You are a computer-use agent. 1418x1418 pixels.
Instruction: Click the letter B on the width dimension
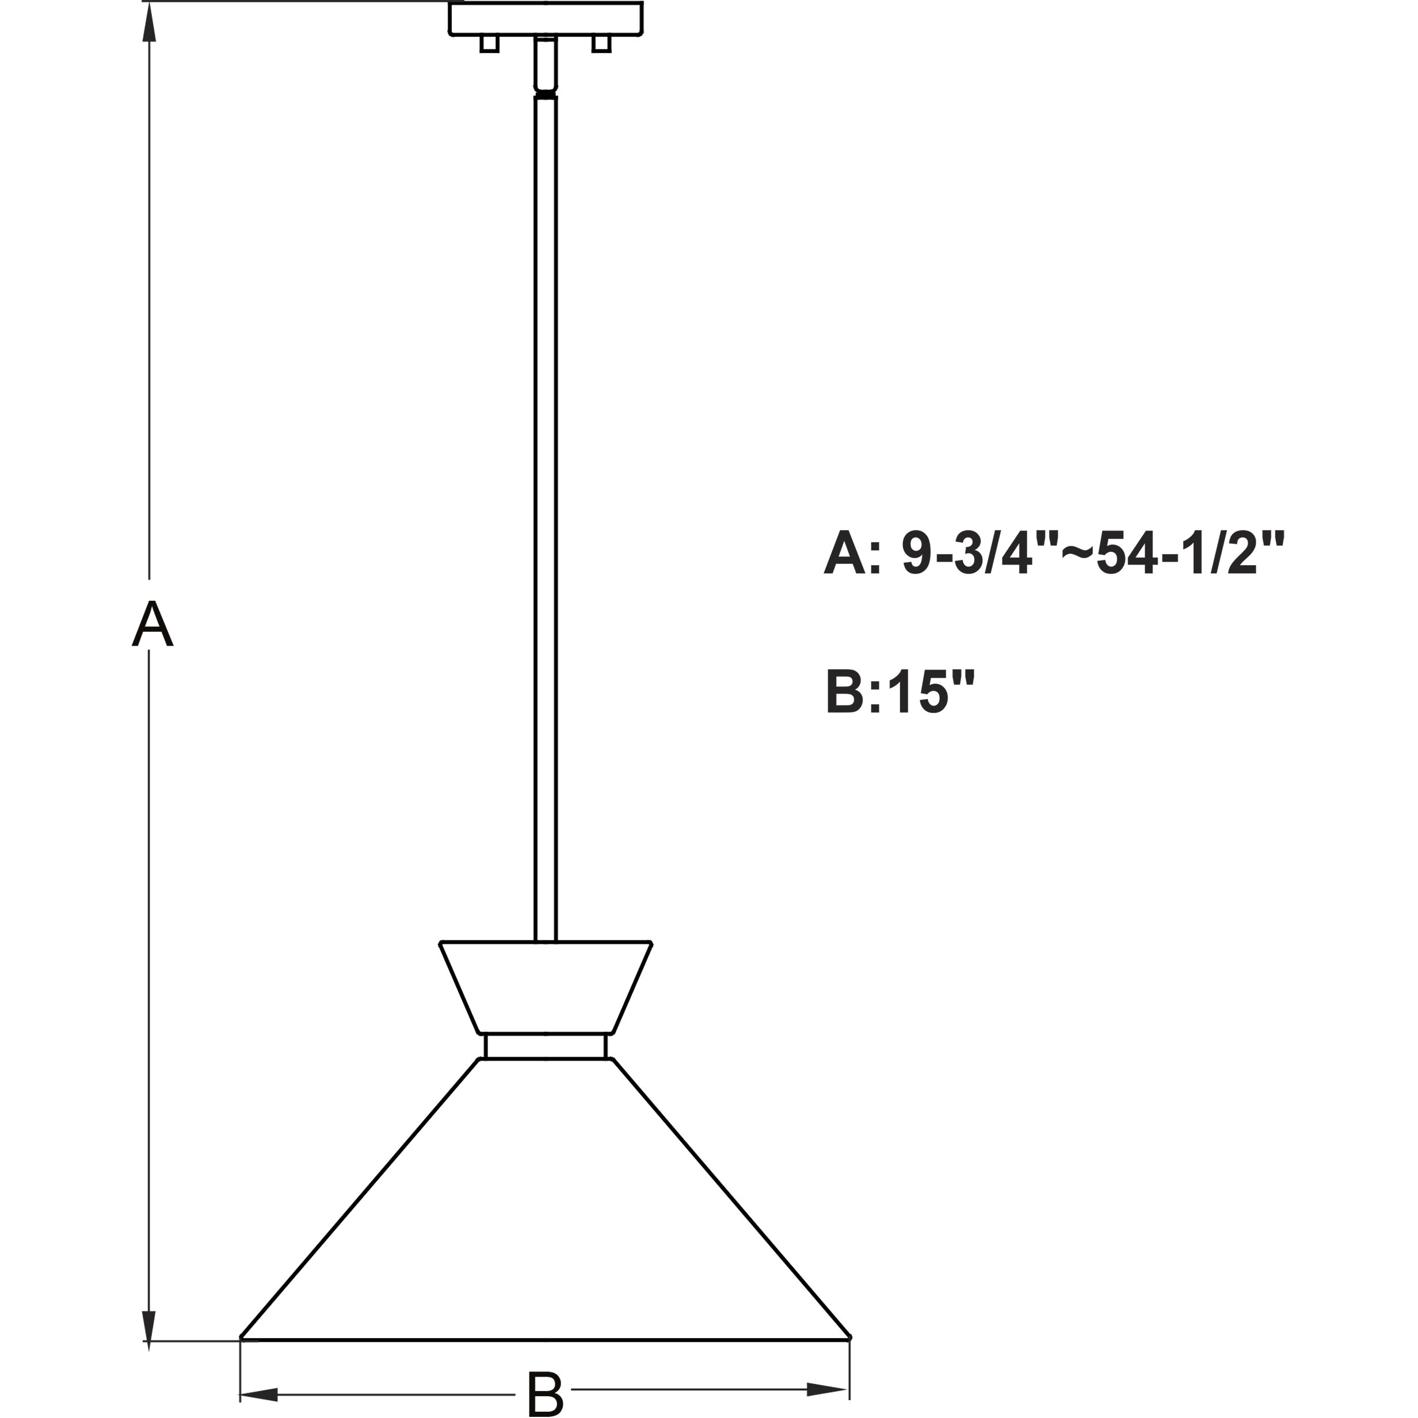coord(544,1392)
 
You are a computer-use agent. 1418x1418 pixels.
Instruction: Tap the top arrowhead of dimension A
coord(150,22)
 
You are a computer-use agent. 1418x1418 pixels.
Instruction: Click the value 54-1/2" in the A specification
coord(1189,555)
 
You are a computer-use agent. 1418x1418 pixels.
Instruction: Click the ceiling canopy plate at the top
coord(546,18)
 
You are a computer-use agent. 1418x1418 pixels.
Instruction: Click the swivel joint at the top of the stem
coord(546,90)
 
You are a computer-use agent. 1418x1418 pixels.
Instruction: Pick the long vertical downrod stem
coord(546,514)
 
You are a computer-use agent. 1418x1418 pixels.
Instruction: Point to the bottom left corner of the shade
coord(242,1358)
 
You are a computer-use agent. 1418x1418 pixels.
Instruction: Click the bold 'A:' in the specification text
coord(852,555)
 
